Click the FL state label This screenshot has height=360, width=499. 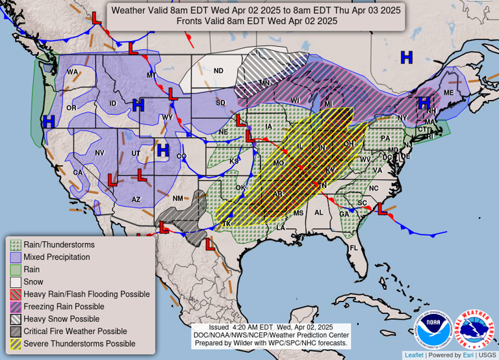coord(353,248)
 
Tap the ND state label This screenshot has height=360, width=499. coord(218,71)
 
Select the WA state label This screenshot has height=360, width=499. coord(72,72)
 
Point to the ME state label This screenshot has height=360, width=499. coord(448,93)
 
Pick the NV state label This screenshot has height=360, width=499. coord(100,153)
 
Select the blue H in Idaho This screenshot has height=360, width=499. coord(138,105)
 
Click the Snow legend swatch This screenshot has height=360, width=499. coord(15,282)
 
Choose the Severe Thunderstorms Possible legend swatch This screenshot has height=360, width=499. coord(15,344)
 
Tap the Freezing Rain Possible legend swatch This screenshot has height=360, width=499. coord(15,307)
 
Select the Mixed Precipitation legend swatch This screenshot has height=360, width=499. coord(15,257)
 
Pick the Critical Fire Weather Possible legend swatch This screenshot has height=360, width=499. coord(15,331)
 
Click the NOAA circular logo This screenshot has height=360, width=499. coord(434,329)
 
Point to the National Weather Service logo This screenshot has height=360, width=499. coord(474,329)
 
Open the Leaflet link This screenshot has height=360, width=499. coord(413,355)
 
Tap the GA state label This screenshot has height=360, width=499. coord(343,214)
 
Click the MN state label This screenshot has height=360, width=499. coord(264,83)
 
